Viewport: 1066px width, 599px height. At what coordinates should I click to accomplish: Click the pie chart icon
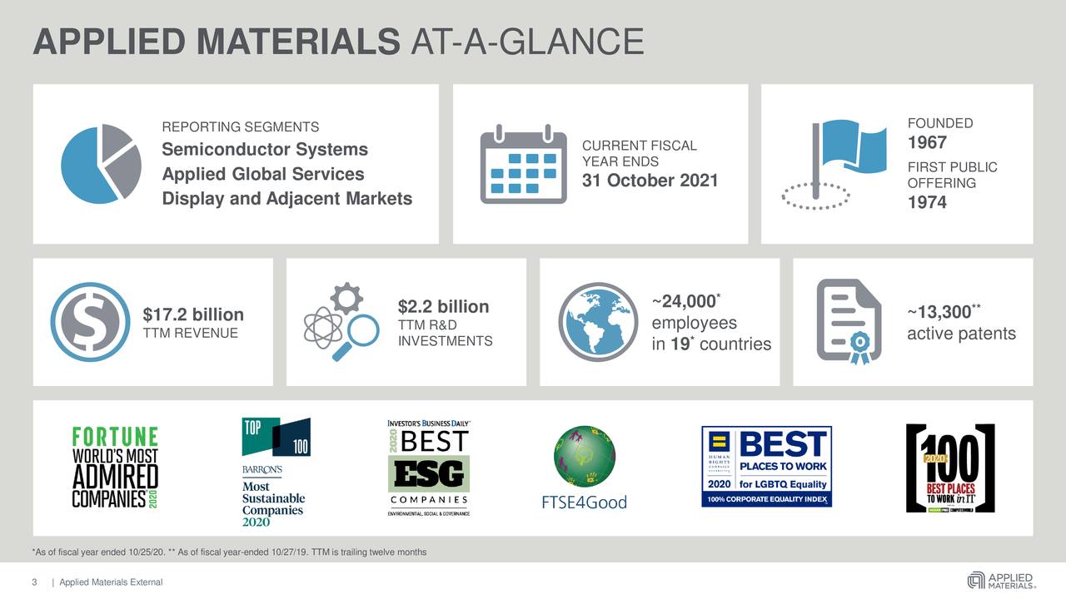pyautogui.click(x=101, y=163)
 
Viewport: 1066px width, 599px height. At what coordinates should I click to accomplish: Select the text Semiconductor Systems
pyautogui.click(x=265, y=150)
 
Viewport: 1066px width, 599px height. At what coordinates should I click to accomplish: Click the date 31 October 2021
pyautogui.click(x=650, y=181)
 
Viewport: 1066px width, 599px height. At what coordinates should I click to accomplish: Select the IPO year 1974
pyautogui.click(x=927, y=202)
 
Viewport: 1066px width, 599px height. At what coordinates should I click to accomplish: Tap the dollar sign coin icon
pyautogui.click(x=90, y=322)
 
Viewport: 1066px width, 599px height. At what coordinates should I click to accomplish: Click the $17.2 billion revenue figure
pyautogui.click(x=193, y=315)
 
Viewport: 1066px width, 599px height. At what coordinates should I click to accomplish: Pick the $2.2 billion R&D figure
pyautogui.click(x=443, y=307)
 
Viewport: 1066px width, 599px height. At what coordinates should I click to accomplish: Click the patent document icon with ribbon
pyautogui.click(x=849, y=321)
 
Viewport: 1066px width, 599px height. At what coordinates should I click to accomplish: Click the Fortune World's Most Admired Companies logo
pyautogui.click(x=114, y=468)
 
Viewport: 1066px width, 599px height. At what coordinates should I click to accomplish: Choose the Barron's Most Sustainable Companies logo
pyautogui.click(x=276, y=472)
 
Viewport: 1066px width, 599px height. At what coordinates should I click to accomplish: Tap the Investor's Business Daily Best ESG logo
pyautogui.click(x=428, y=468)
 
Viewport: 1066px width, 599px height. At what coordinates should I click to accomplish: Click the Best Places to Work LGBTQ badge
pyautogui.click(x=766, y=468)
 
